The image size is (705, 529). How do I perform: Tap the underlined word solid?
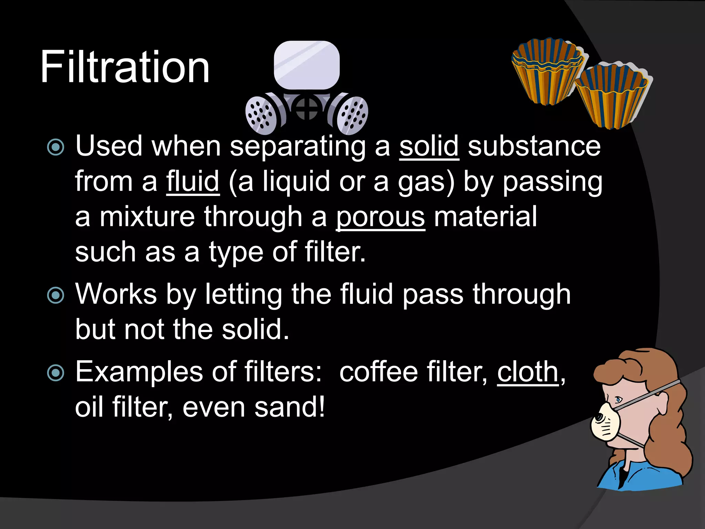click(x=429, y=146)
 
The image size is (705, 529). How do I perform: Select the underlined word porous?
click(x=380, y=217)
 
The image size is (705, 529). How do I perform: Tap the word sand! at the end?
click(x=290, y=407)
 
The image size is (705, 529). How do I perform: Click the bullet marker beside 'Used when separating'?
click(x=56, y=147)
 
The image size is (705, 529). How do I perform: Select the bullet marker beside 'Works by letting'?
click(x=56, y=295)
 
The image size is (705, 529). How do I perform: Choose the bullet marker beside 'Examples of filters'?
click(x=56, y=373)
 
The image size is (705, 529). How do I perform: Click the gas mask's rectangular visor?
click(x=307, y=65)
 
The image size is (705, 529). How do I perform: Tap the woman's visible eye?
click(x=619, y=400)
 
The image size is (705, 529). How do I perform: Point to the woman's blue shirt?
click(x=640, y=475)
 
